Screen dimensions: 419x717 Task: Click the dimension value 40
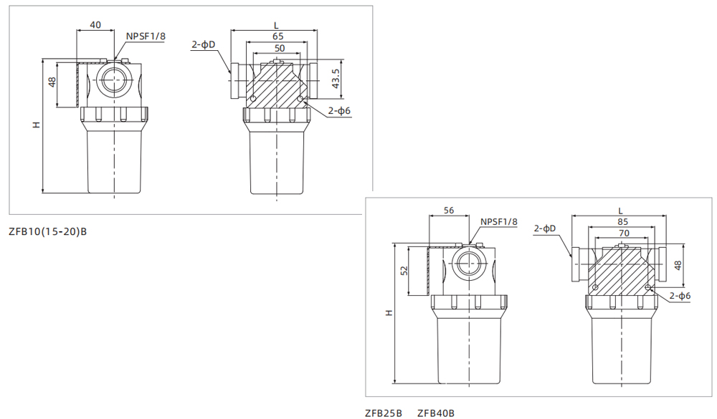point(95,25)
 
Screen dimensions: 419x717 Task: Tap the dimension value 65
point(276,36)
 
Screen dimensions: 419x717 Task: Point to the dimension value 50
point(276,47)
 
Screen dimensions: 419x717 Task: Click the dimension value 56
point(449,211)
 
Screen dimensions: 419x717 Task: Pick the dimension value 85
point(621,221)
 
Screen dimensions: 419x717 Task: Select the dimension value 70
point(621,233)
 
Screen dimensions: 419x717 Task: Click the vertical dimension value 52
point(404,271)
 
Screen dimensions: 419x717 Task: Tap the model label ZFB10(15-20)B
point(47,231)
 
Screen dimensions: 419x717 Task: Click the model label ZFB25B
point(384,413)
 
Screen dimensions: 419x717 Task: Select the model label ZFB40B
point(436,413)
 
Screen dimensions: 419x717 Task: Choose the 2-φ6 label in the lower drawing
point(680,295)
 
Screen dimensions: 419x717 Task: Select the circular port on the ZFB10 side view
point(114,82)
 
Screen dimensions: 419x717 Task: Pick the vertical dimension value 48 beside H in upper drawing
point(52,82)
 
